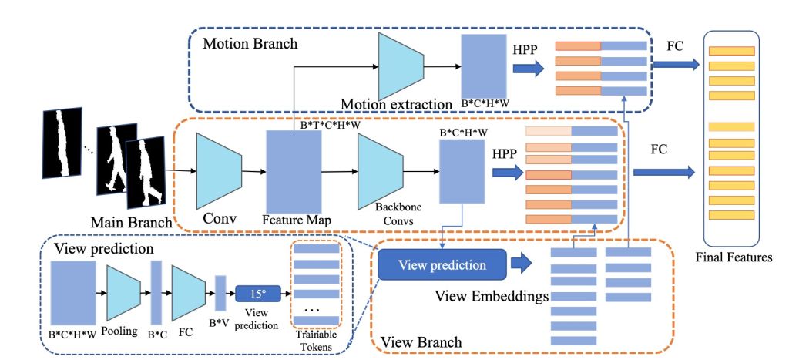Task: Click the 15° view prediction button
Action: pyautogui.click(x=256, y=294)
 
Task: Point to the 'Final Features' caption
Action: pyautogui.click(x=734, y=257)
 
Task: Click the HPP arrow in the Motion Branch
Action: pyautogui.click(x=529, y=69)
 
